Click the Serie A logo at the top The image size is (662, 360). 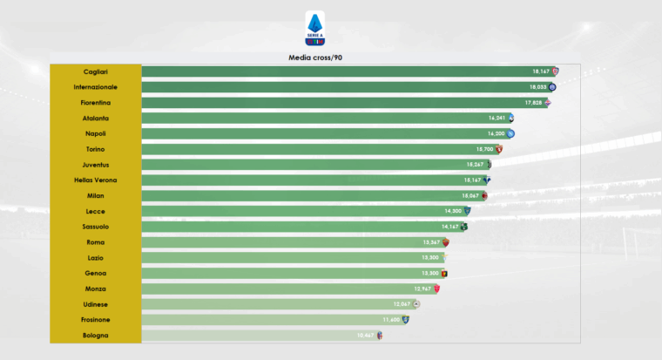(x=314, y=28)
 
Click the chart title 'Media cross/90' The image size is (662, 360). (x=314, y=58)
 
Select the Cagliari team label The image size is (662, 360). (x=96, y=71)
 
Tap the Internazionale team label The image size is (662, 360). (x=96, y=87)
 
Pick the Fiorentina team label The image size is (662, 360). (x=96, y=103)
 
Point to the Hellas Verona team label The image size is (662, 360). (x=96, y=180)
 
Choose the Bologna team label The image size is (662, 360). (x=96, y=335)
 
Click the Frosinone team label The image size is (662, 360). (x=96, y=320)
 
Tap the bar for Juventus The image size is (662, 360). (x=305, y=165)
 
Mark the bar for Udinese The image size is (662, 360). (x=270, y=304)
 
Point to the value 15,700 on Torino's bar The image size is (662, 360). (x=485, y=149)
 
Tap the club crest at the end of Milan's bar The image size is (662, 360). (x=484, y=196)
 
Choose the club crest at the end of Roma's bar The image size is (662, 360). (x=445, y=242)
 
